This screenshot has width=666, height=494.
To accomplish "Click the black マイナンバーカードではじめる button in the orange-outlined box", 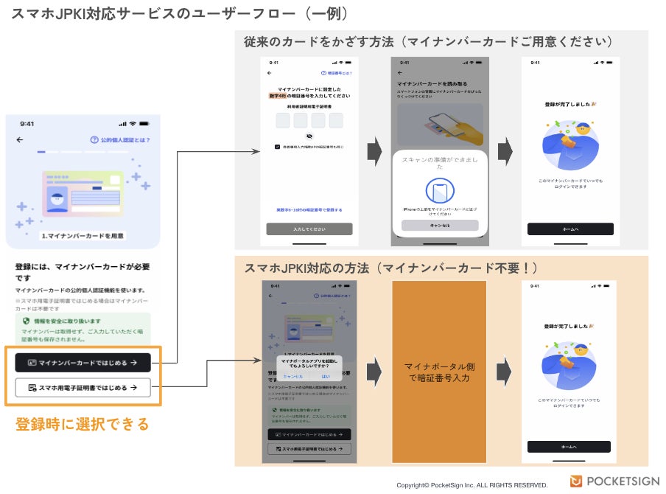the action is (83, 363).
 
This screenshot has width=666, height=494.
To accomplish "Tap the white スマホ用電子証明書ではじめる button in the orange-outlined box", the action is (83, 387).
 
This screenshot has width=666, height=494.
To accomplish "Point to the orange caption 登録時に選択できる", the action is (83, 424).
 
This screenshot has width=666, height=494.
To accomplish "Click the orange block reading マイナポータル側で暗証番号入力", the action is (440, 372).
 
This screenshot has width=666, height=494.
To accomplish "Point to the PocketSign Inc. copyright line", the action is (472, 485).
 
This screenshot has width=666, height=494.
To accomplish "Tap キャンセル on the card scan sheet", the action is (440, 226).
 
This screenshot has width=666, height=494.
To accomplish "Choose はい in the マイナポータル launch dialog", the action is (326, 376).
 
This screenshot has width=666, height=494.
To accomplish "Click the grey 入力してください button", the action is (309, 229).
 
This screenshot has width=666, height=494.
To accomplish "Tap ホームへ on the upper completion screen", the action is (570, 229).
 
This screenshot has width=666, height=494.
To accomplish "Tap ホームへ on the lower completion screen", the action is (569, 447).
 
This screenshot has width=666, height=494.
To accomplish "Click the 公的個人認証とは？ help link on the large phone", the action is (120, 140).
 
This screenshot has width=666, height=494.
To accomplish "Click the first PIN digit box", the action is (283, 121).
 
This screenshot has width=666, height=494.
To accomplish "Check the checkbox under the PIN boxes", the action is (277, 147).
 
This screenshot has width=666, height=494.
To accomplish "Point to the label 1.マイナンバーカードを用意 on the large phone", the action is (83, 236).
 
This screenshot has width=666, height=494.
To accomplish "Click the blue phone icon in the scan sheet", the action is (440, 190).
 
